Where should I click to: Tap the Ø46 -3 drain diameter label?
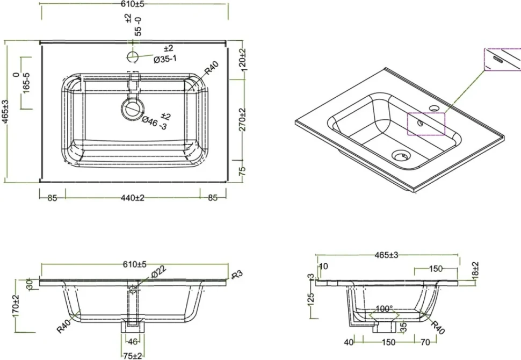coord(154,123)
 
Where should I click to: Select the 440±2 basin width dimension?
coord(133,198)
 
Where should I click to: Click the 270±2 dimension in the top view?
coord(242,120)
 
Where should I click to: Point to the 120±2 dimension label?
coord(242,59)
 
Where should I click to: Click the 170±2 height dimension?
coord(16,306)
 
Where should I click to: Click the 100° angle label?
coord(384,309)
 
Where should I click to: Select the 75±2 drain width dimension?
coord(133,356)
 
